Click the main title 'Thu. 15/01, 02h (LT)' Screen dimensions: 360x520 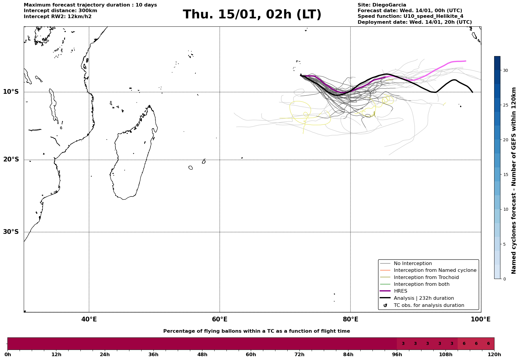click(x=252, y=15)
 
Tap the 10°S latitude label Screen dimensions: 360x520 click(x=11, y=92)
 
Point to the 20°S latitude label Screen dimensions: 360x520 click(x=11, y=160)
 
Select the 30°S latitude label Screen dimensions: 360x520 click(x=11, y=232)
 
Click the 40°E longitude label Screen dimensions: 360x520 click(x=89, y=319)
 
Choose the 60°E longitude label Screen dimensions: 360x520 click(x=220, y=319)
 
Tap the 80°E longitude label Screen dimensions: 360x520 click(x=350, y=319)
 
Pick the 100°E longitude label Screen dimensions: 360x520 click(x=481, y=319)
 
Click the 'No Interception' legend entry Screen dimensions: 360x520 click(x=413, y=264)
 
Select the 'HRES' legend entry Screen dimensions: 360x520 click(x=400, y=291)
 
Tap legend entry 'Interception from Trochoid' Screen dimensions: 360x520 click(x=426, y=277)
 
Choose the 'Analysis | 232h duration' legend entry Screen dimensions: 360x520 click(x=424, y=298)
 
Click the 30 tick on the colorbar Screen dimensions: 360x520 click(x=505, y=70)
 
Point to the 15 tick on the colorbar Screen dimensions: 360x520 click(x=505, y=175)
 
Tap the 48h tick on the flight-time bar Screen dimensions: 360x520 click(x=202, y=354)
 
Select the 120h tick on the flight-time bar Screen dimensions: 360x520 click(x=494, y=354)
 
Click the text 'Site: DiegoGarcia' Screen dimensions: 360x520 click(x=382, y=5)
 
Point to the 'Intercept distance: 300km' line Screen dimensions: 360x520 click(x=60, y=11)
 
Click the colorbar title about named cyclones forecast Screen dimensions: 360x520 click(x=514, y=180)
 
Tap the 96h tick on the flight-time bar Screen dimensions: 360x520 click(x=397, y=354)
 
